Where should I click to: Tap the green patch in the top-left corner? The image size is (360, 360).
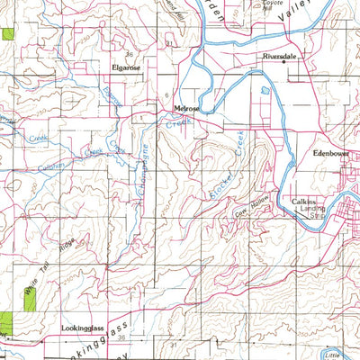tap(8, 34)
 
